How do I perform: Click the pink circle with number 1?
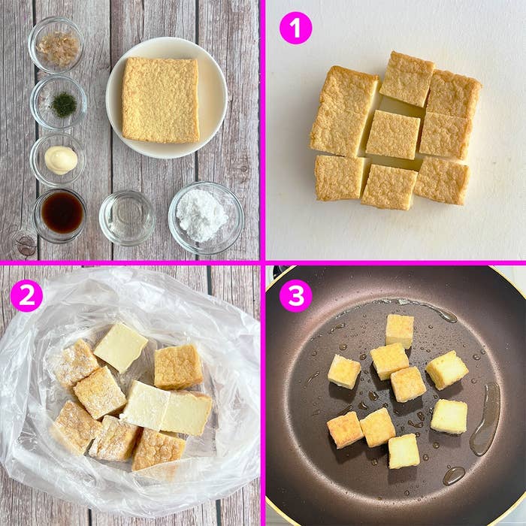295,28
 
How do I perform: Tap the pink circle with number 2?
26,295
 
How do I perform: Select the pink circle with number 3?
295,295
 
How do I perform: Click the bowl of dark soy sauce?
60,216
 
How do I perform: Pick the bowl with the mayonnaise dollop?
59,159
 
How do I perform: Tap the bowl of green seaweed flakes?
59,103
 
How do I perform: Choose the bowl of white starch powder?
206,218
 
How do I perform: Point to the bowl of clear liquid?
127,218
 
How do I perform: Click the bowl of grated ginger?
56,45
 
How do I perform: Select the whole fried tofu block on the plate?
160,100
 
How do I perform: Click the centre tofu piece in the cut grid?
393,135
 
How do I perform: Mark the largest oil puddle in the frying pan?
485,419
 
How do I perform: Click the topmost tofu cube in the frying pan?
399,331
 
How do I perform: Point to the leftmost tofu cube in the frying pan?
344,372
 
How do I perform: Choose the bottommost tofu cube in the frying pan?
404,451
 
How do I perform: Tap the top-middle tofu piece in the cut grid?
407,79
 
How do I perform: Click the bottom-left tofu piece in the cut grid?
340,178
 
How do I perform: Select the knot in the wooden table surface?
26,243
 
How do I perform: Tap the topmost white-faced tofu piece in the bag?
121,347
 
